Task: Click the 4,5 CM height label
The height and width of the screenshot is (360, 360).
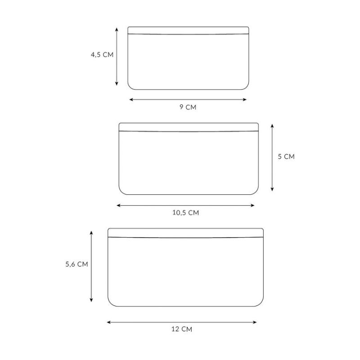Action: tap(102, 54)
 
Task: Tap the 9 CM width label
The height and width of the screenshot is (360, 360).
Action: tap(188, 107)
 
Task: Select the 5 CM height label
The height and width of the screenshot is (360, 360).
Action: tap(286, 156)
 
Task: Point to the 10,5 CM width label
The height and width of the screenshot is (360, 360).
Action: tap(185, 212)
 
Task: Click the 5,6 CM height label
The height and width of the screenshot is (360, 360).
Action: tap(76, 264)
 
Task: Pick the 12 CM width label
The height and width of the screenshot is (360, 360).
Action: tap(182, 329)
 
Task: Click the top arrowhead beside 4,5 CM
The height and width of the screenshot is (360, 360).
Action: tap(117, 30)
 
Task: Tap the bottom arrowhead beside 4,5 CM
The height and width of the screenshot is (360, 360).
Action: tap(117, 84)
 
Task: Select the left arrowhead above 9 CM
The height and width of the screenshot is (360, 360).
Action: tap(131, 99)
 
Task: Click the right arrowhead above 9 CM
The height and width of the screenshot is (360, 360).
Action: tap(245, 99)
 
